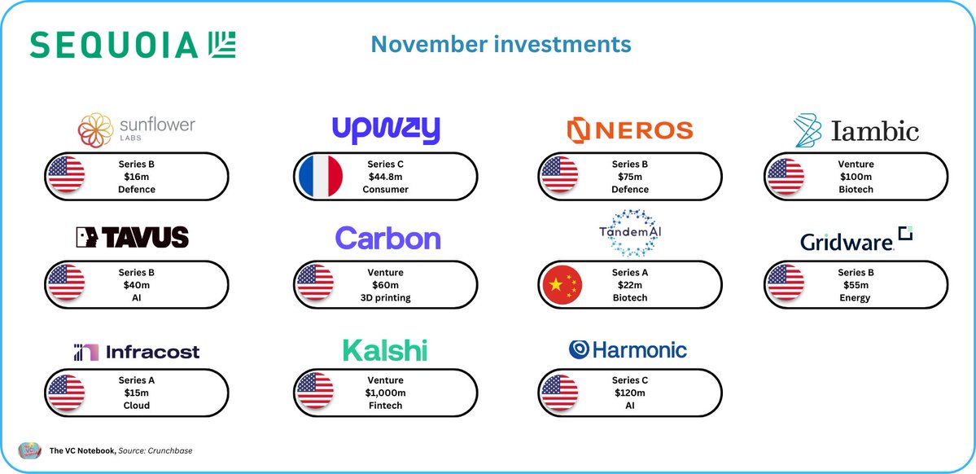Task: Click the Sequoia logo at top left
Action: coord(133,45)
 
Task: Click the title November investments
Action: coord(501,44)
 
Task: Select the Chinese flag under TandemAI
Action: coord(562,283)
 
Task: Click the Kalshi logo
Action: coord(385,351)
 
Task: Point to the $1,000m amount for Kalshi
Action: coord(386,393)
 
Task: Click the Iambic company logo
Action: coord(856,130)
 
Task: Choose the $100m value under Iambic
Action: coord(856,176)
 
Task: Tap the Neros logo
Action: coord(629,129)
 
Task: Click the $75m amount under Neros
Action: coord(630,176)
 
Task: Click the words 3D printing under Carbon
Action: coord(386,298)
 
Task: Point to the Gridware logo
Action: coord(856,239)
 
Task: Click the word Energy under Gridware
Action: coord(856,298)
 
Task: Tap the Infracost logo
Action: coord(136,352)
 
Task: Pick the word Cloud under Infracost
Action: coord(136,406)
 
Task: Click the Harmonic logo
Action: coord(628,350)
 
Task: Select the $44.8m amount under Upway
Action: coord(386,176)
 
